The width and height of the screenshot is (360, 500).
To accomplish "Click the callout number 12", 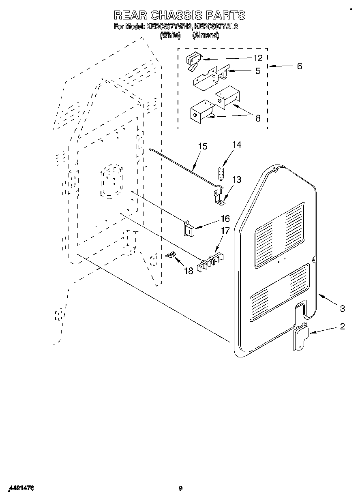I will click(258, 58).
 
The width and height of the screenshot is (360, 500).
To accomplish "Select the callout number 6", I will click(299, 66).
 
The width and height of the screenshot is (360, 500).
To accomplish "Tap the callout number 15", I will click(203, 146).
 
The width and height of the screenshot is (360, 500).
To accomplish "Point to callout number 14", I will click(236, 145).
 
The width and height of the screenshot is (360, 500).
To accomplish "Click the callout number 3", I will click(343, 309).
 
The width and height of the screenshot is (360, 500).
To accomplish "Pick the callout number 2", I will click(343, 327).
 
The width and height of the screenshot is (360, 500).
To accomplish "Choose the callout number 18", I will click(189, 270).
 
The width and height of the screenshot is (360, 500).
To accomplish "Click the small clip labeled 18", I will click(172, 255).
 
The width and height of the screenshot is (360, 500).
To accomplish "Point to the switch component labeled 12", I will click(193, 60).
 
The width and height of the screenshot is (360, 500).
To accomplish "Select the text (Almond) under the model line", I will click(206, 35).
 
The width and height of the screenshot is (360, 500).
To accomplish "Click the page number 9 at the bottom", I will click(181, 488).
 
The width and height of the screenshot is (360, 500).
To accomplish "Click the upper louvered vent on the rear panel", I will click(280, 235).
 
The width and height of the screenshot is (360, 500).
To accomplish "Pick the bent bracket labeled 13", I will click(219, 194).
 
